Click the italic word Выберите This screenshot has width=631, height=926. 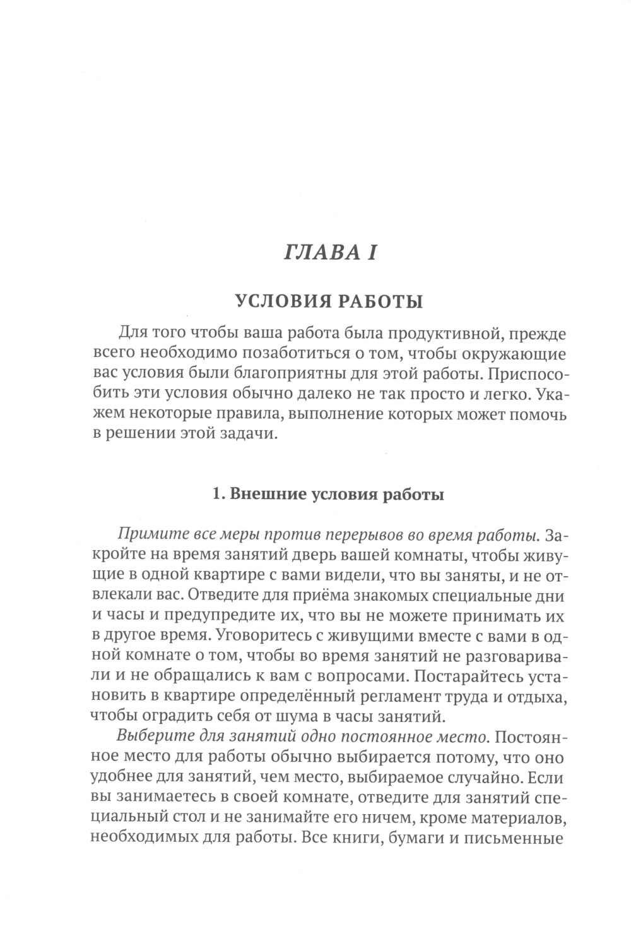point(152,737)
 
